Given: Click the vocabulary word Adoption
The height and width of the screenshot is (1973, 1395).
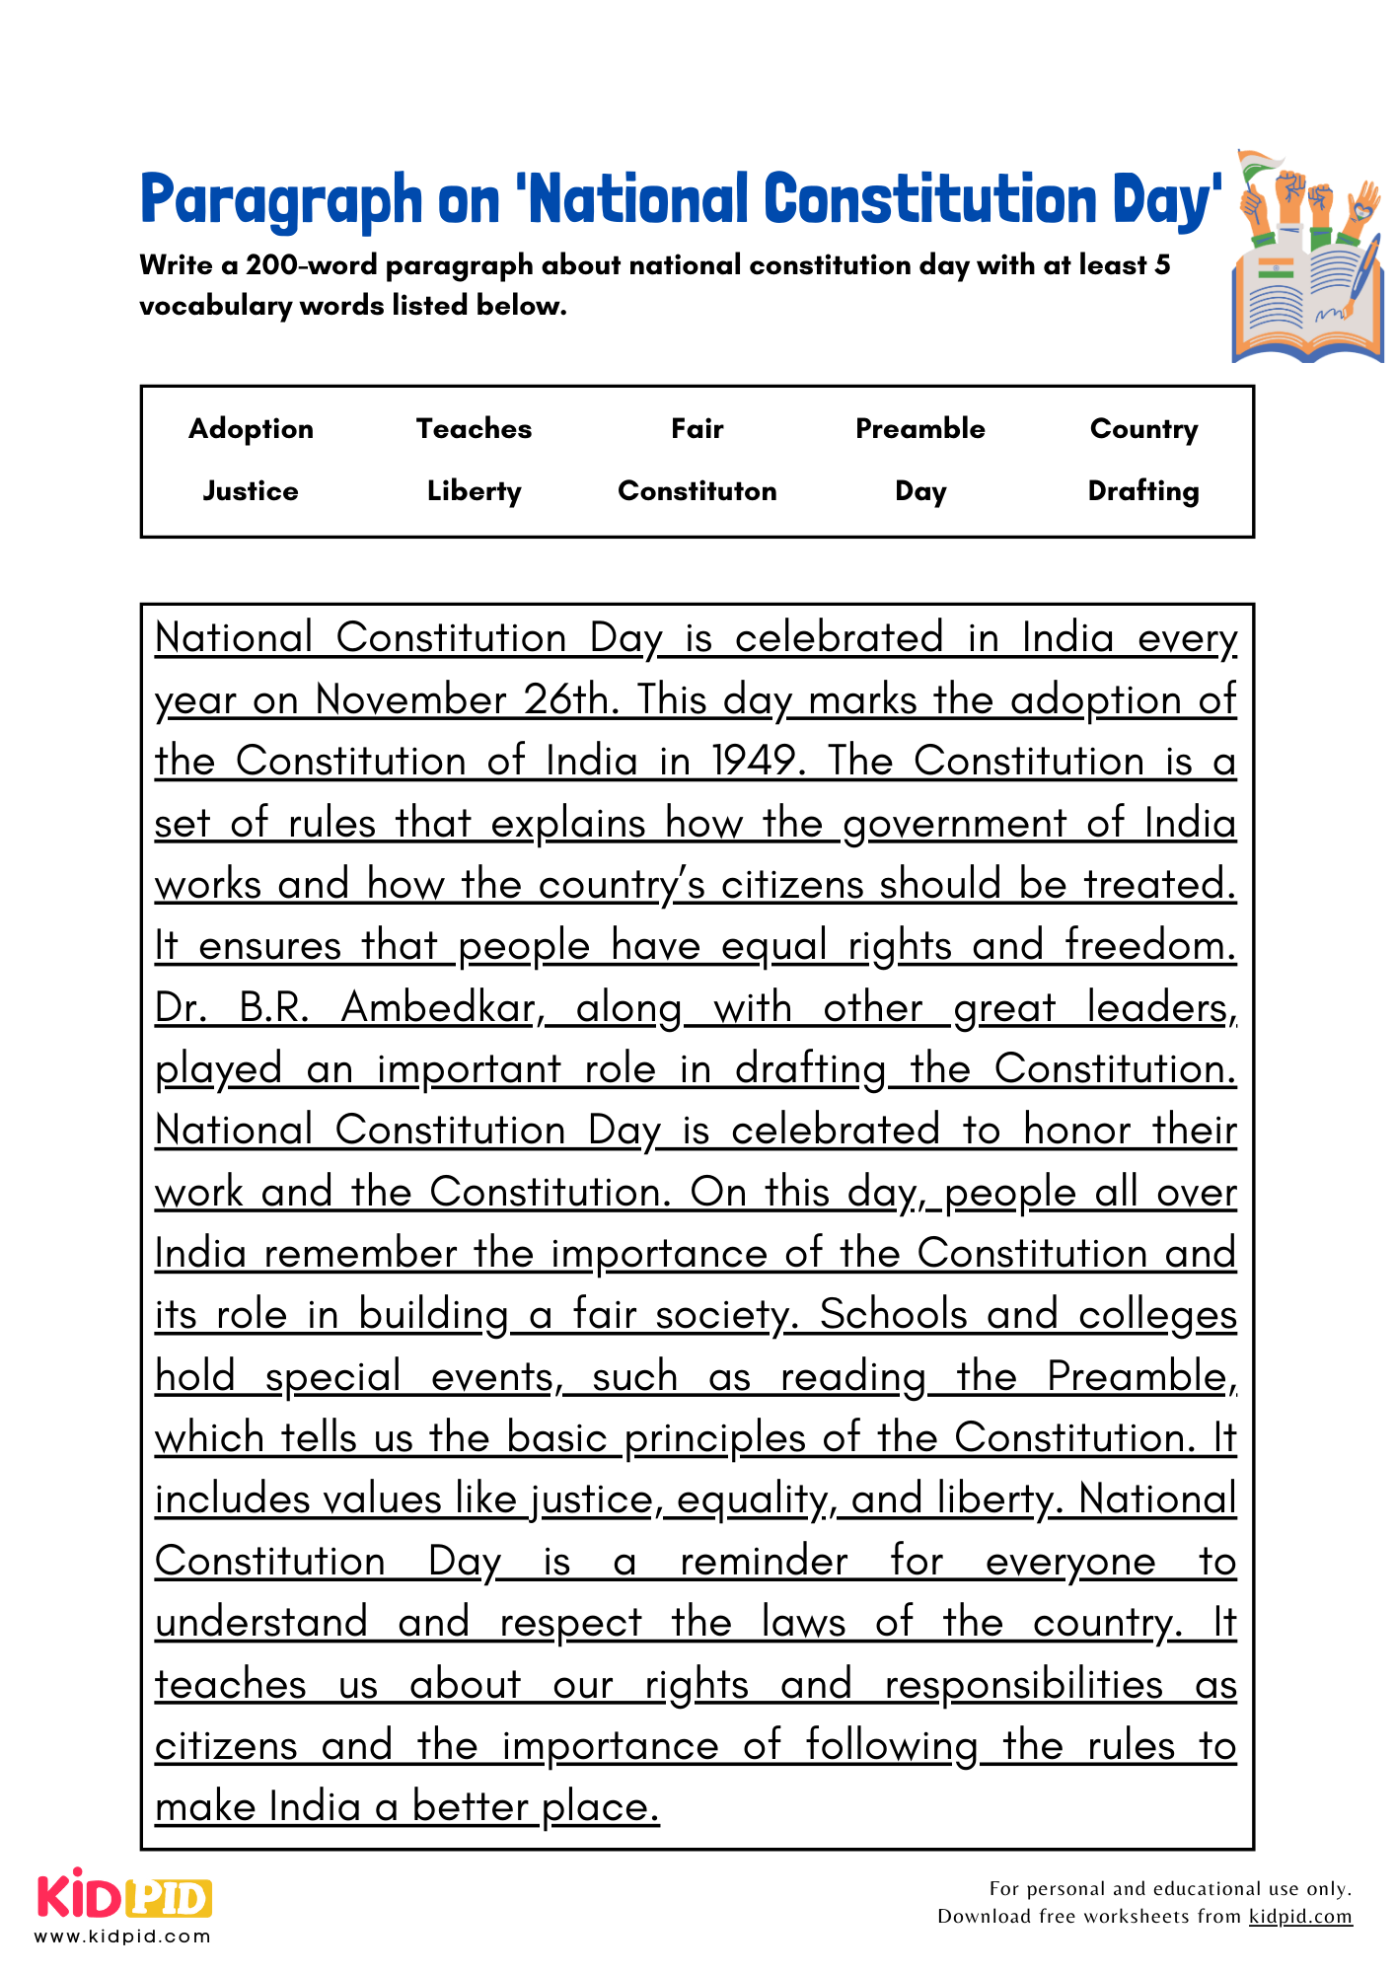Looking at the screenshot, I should point(251,429).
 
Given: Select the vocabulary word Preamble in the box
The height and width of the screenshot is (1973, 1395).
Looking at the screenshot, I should point(919,429).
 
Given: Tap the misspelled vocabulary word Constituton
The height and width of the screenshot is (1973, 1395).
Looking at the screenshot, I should point(697,491).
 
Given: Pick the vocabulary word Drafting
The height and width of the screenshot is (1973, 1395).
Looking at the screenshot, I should point(1143,491).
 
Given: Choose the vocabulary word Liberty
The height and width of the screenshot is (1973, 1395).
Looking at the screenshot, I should point(474,491).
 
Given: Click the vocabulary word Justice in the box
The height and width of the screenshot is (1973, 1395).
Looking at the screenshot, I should point(251,491).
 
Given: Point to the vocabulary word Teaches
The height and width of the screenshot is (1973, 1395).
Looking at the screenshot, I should point(474,429).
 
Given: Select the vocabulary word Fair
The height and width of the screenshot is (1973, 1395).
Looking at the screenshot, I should point(697,429).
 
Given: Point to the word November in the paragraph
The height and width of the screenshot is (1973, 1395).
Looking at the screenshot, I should point(410,699).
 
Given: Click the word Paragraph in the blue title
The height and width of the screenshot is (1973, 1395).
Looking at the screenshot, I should point(280,200).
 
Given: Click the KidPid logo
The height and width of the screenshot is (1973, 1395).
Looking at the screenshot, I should point(124,1896).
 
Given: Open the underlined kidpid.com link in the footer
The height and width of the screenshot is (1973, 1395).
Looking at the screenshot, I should point(1299,1916).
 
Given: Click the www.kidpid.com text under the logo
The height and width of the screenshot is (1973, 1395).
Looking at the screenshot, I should point(123,1936).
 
